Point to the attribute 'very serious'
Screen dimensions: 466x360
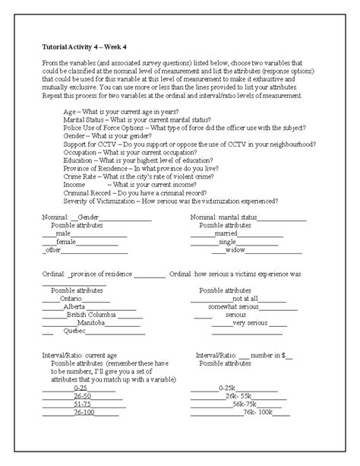pos(250,323)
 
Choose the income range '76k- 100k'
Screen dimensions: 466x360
pos(257,413)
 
